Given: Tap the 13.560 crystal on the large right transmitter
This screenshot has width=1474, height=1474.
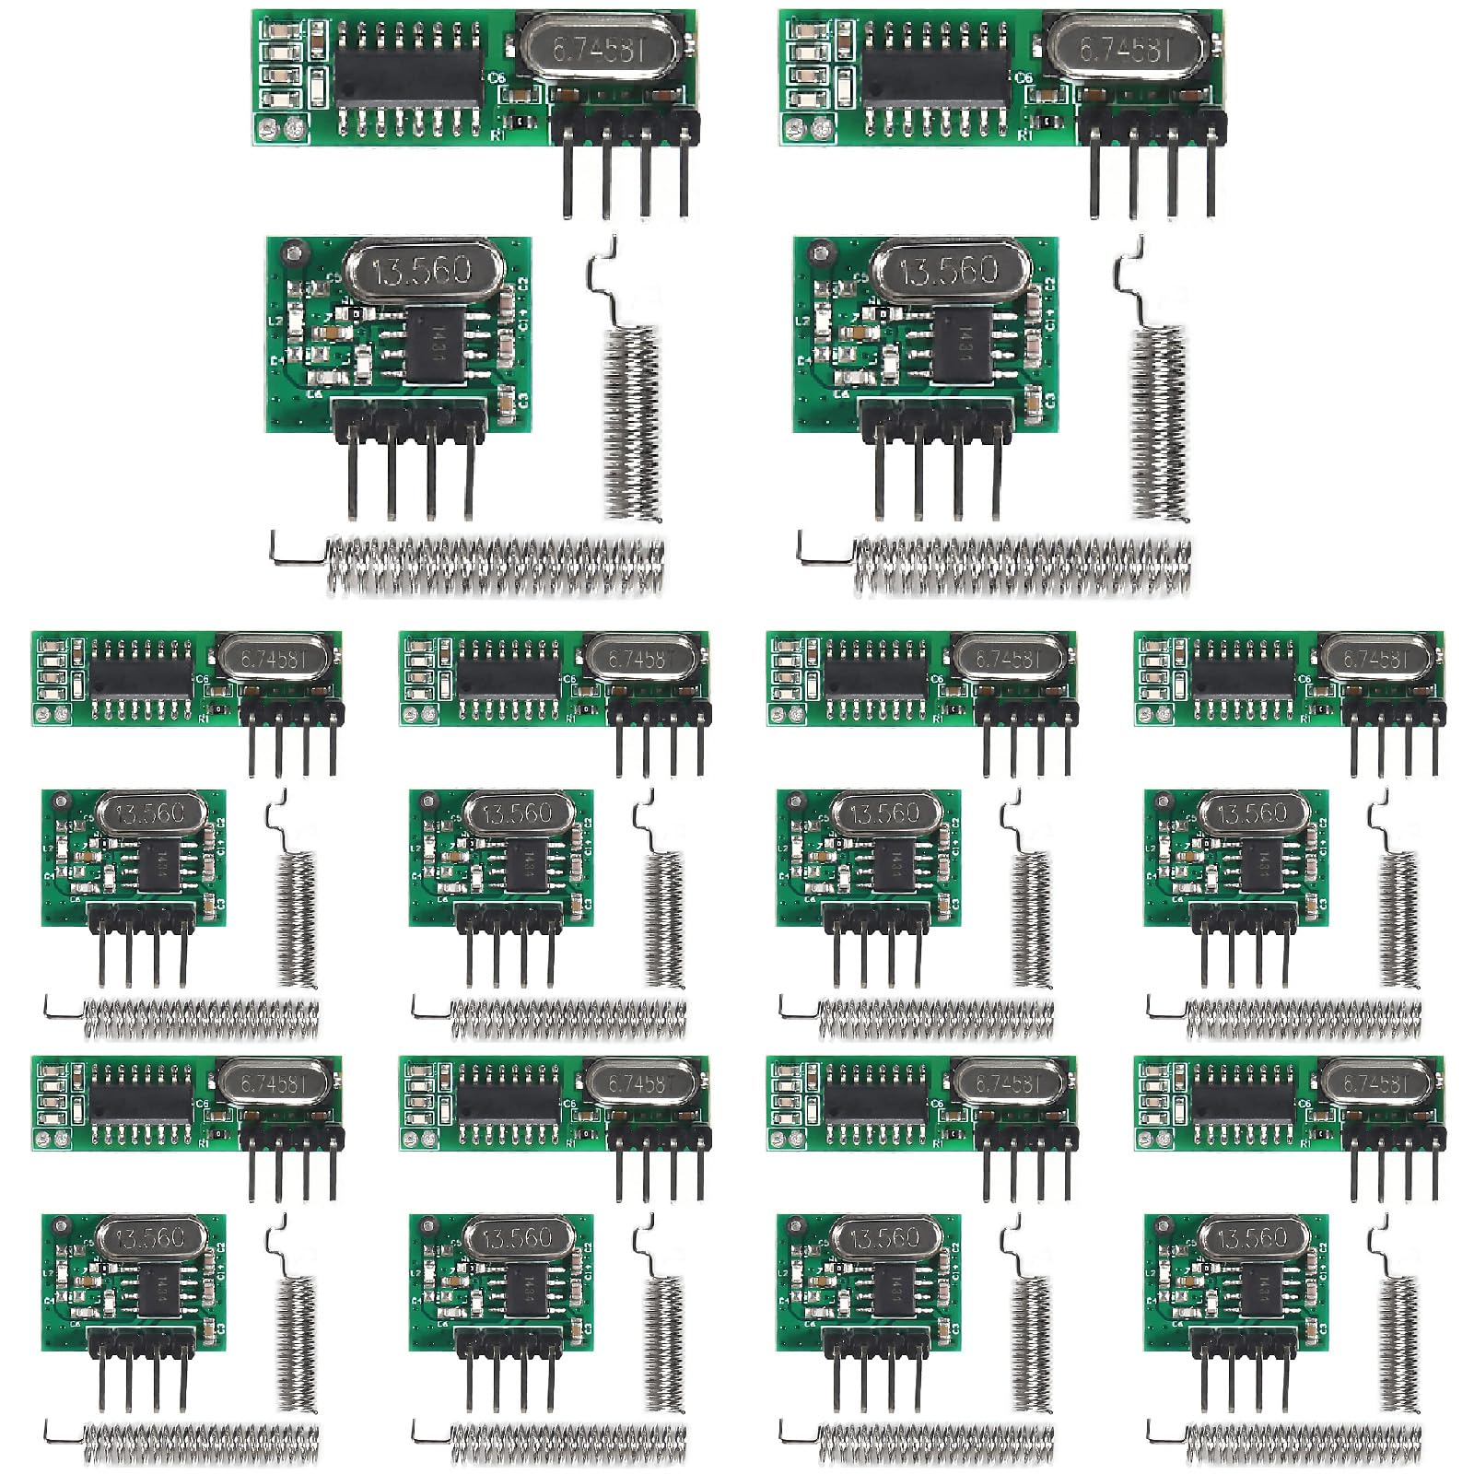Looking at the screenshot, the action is (949, 270).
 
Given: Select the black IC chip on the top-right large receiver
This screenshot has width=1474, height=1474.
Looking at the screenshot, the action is (936, 74).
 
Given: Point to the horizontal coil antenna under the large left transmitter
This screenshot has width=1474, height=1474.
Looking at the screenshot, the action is (496, 565).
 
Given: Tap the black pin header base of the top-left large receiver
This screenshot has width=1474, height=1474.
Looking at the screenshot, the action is (625, 126).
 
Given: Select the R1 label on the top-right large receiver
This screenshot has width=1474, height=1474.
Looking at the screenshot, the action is (1024, 135).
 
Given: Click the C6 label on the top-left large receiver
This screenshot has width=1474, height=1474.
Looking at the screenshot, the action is (497, 78).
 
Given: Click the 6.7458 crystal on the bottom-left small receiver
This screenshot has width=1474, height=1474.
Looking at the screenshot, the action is (271, 1083).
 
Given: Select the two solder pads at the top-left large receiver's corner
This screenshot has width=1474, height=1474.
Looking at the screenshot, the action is (281, 130).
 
